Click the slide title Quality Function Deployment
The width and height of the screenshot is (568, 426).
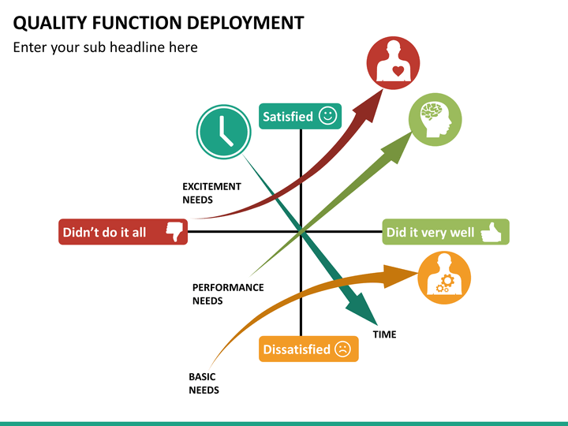click(x=159, y=22)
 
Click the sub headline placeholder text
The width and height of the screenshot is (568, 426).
click(x=105, y=47)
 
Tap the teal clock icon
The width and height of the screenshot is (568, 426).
click(x=224, y=129)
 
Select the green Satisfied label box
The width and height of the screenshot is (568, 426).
click(x=300, y=116)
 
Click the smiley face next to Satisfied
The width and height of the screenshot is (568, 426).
click(x=328, y=116)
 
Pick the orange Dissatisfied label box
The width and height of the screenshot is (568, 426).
click(x=308, y=349)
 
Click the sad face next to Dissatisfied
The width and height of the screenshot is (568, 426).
click(x=342, y=349)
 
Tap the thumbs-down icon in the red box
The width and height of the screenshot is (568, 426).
click(x=174, y=232)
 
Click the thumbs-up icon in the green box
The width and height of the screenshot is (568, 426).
click(x=492, y=232)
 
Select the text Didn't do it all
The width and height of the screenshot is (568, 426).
click(x=104, y=233)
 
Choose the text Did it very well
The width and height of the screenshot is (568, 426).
click(x=430, y=233)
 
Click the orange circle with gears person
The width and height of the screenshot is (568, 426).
click(x=443, y=278)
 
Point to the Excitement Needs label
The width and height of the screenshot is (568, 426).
click(x=211, y=193)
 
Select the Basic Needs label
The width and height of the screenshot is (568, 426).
click(x=204, y=383)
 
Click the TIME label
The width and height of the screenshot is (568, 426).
click(x=384, y=334)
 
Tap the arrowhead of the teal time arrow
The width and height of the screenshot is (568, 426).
click(x=365, y=311)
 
